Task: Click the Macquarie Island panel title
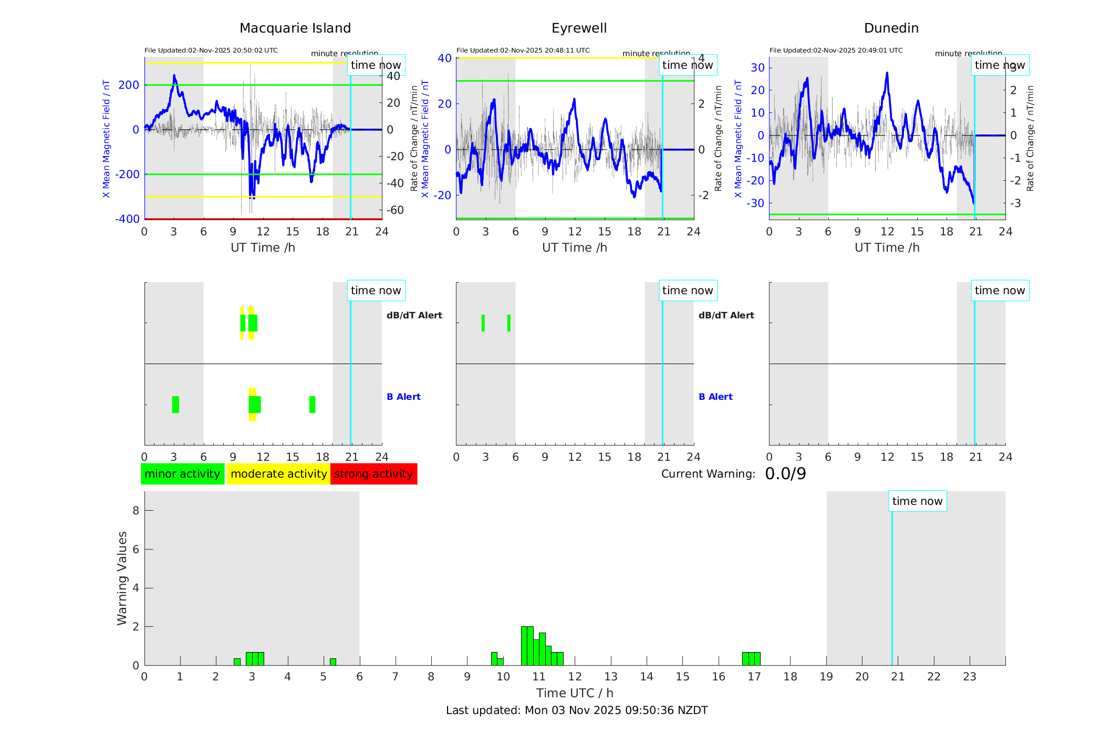tap(295, 28)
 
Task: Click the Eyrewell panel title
tap(579, 28)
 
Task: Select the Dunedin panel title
tap(891, 28)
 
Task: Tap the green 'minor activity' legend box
tap(182, 474)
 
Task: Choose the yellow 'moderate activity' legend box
tap(278, 474)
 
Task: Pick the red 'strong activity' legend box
tap(373, 474)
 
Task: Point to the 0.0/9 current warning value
tap(785, 474)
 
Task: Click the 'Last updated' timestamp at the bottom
tap(577, 710)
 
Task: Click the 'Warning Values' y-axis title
tap(122, 578)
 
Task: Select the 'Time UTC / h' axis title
tap(575, 693)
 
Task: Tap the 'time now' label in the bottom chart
tap(917, 501)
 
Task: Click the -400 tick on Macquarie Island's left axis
tap(127, 219)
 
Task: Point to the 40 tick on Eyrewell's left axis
tap(444, 58)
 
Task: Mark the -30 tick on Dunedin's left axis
tap(757, 203)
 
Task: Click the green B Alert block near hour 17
tap(312, 405)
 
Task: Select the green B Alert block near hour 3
tap(175, 405)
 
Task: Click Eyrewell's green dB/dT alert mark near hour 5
tap(508, 323)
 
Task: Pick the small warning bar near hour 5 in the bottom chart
tap(332, 661)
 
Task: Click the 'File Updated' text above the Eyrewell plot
tap(523, 50)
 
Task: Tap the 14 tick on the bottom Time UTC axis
tap(647, 677)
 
